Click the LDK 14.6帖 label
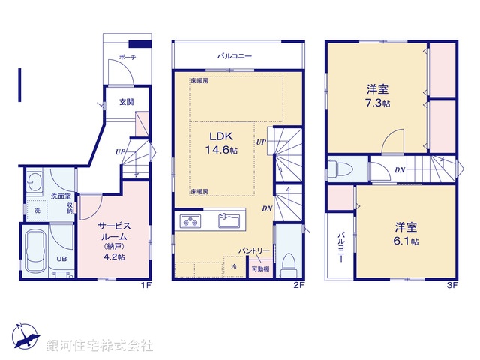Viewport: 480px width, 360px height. [223, 143]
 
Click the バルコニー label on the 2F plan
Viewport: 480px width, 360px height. [235, 56]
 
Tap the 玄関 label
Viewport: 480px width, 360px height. [126, 103]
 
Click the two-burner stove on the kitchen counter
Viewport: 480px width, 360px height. [190, 221]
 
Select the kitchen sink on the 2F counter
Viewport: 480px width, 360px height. [228, 220]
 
